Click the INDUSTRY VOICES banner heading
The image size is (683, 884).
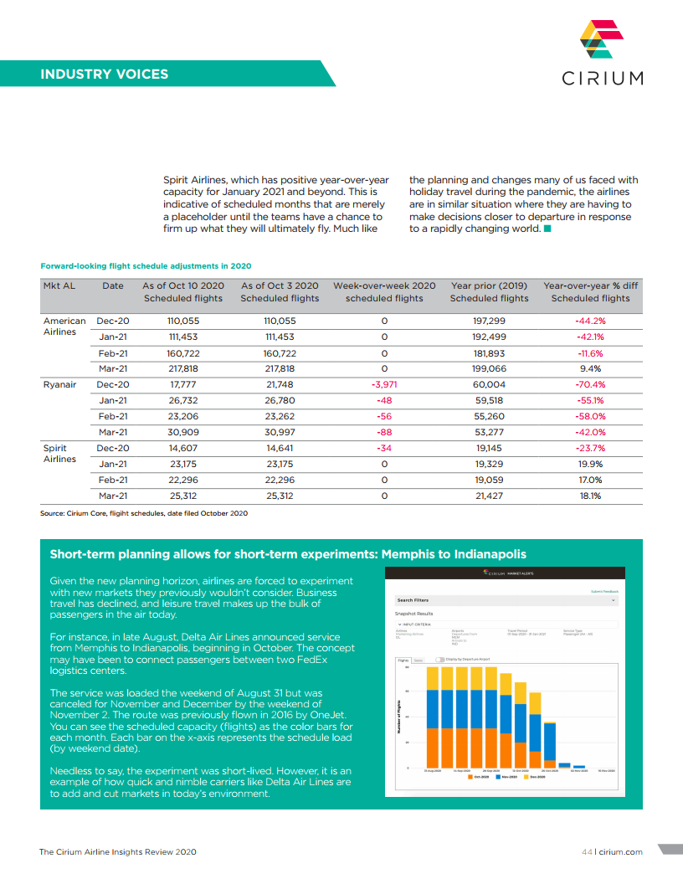point(104,74)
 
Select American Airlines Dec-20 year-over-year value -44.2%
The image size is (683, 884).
point(589,321)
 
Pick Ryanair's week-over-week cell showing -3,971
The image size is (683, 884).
point(384,384)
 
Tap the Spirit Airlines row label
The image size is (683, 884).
point(59,453)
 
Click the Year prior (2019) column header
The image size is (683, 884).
point(489,291)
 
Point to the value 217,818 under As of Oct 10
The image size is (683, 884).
point(182,368)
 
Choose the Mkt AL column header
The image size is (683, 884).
point(59,285)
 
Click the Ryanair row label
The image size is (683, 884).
point(59,384)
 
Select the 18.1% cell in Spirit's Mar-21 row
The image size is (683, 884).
point(589,496)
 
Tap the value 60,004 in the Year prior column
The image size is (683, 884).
point(489,384)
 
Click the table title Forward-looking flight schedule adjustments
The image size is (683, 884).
point(146,266)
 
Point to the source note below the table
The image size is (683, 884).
point(144,512)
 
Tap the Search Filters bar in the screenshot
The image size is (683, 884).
point(506,600)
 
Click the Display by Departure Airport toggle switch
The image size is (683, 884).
point(439,660)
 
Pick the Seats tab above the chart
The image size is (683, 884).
point(418,660)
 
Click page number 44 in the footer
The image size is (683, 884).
point(587,851)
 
